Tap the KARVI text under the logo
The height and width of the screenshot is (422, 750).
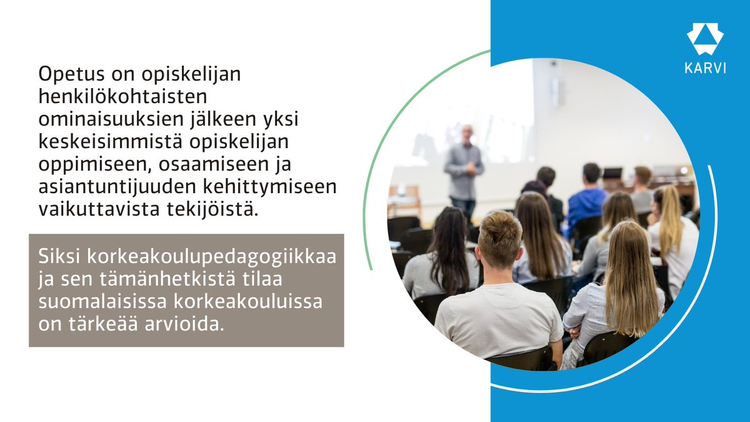pos(705,69)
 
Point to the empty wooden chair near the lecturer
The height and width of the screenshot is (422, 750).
pos(405,200)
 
